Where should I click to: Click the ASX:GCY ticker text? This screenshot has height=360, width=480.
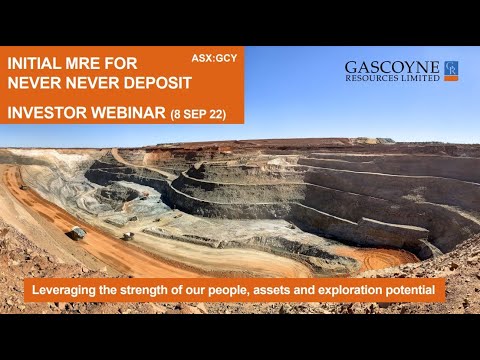pyautogui.click(x=213, y=58)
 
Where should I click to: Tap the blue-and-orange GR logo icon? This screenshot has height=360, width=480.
pyautogui.click(x=451, y=70)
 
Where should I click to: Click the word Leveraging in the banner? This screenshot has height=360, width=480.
pyautogui.click(x=67, y=291)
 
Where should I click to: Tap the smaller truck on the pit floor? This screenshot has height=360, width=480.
pyautogui.click(x=127, y=236)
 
